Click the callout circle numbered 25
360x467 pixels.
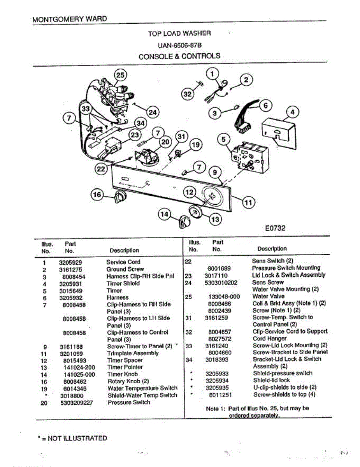click(121, 75)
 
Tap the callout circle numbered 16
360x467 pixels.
click(97, 195)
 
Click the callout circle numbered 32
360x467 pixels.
click(188, 94)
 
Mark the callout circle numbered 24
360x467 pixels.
click(153, 112)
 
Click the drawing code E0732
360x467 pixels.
click(275, 228)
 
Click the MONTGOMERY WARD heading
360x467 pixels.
click(69, 19)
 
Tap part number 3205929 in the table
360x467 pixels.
click(70, 262)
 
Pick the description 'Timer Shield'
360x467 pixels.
click(123, 283)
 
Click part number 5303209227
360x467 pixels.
click(77, 403)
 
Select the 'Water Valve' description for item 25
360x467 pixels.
click(268, 297)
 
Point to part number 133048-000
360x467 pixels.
click(224, 297)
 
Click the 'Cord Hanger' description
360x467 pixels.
click(269, 339)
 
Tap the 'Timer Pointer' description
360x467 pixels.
click(125, 367)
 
